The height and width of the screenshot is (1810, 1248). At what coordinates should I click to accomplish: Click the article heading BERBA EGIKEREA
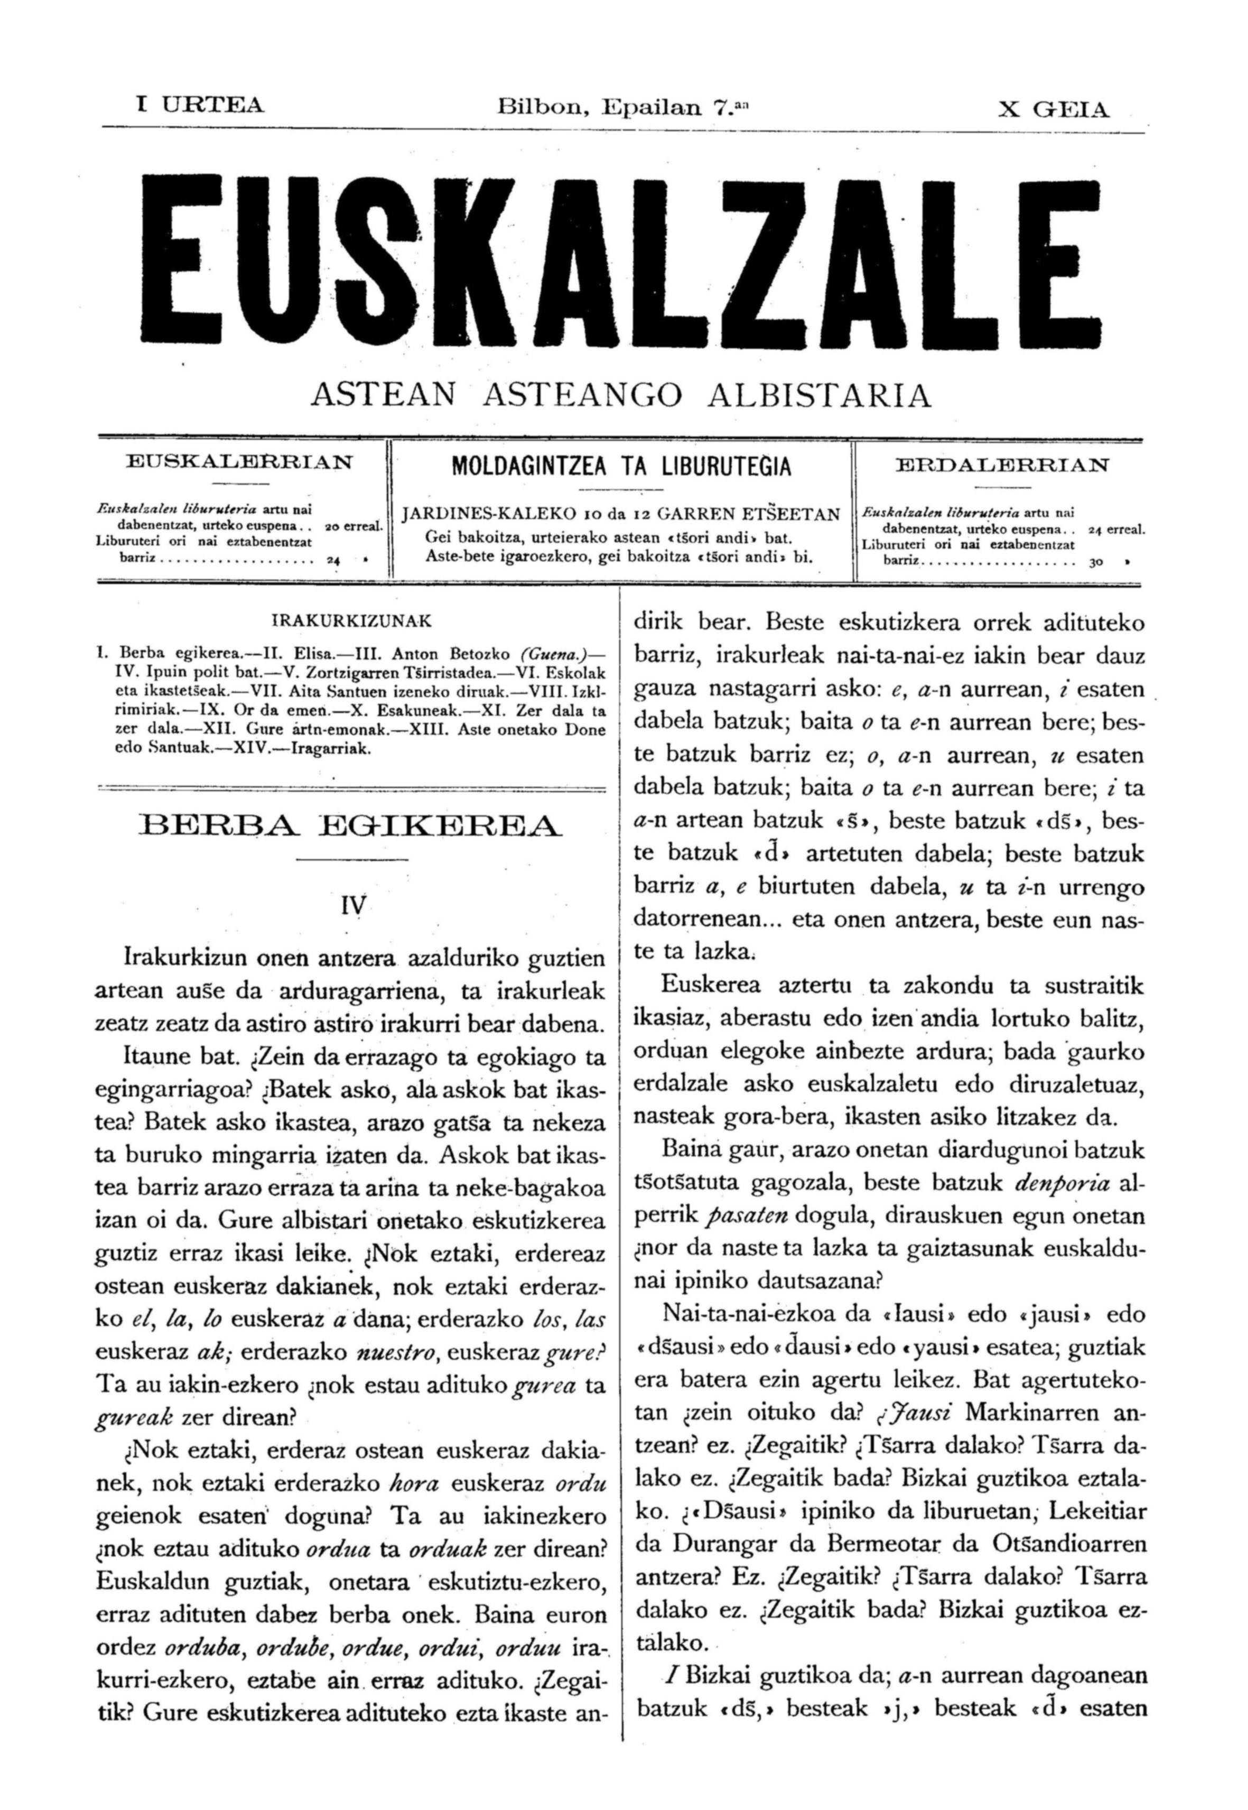[350, 826]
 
